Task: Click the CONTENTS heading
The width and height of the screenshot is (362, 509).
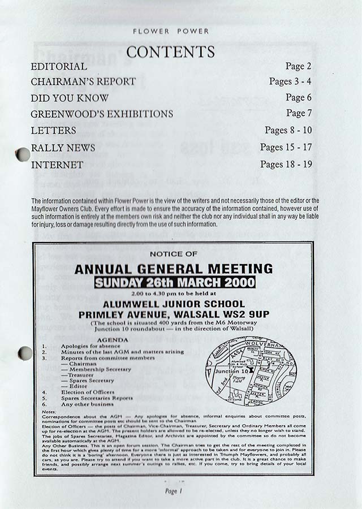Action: point(170,52)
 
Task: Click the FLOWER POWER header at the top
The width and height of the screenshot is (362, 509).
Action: point(171,32)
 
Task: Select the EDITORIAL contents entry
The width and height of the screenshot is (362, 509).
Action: point(59,67)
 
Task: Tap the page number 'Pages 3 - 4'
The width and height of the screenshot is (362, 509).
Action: point(290,81)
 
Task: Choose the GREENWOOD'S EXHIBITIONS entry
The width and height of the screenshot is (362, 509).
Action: point(102,114)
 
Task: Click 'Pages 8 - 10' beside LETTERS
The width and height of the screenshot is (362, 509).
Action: point(288,131)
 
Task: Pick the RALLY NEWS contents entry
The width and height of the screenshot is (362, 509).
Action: point(63,148)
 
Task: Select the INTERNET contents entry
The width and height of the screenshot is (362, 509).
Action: point(57,165)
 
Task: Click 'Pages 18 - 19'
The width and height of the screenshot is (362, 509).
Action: point(286,165)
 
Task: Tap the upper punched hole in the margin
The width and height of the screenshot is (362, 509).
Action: point(23,154)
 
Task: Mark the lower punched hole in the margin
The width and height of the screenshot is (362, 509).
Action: point(25,353)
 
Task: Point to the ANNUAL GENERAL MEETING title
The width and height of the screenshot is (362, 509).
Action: point(173,269)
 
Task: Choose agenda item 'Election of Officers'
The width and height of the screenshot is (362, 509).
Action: point(88,392)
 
